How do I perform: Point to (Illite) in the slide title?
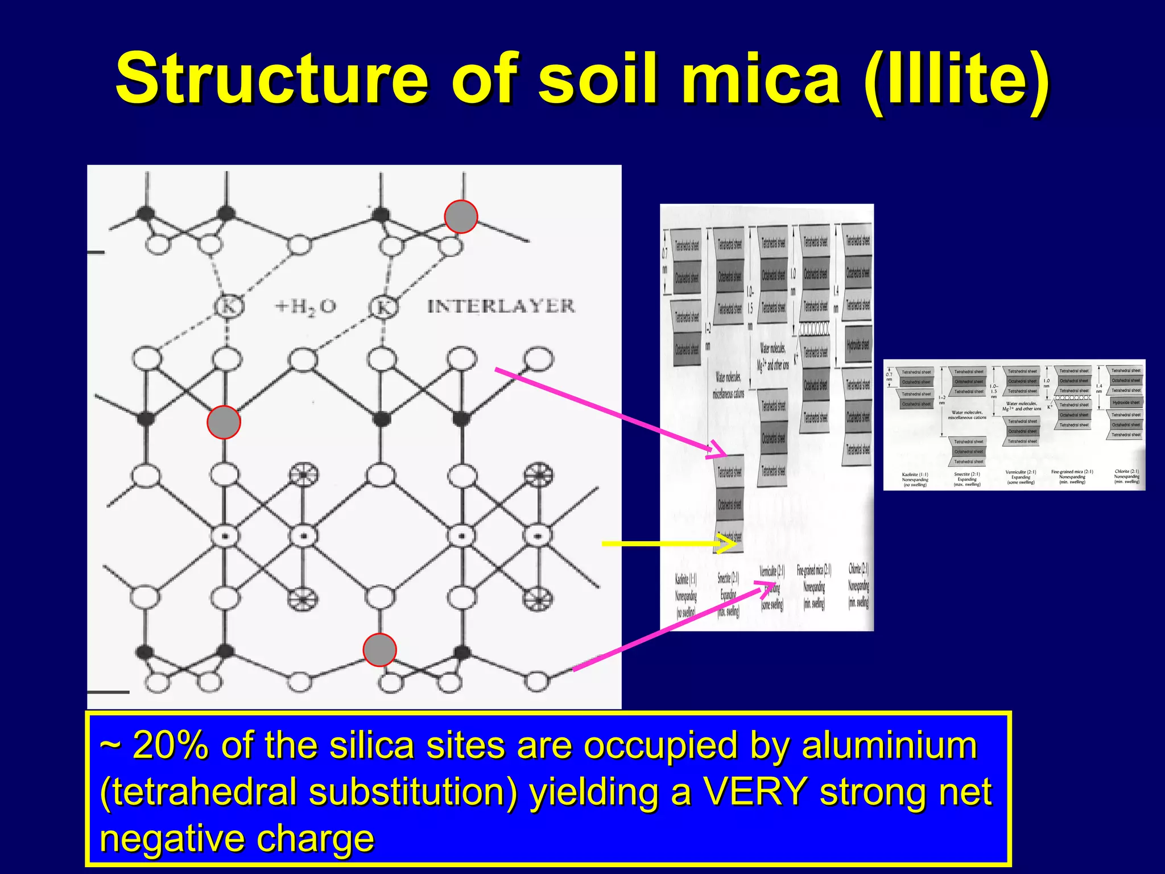956,80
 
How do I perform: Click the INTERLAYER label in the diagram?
501,306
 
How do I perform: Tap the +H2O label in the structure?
305,307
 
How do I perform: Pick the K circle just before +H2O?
228,307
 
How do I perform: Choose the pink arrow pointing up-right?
671,626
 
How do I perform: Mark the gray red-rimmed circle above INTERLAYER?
461,217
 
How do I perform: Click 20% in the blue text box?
170,745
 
